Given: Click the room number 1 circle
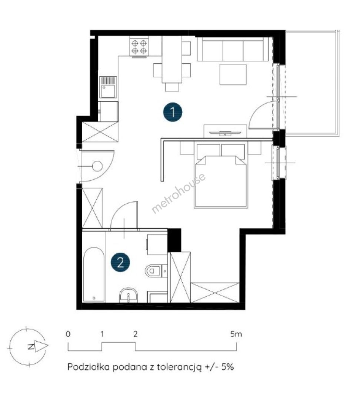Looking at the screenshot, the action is point(173,112).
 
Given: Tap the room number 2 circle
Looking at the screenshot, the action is point(120,262).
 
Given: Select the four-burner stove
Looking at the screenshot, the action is point(139,47).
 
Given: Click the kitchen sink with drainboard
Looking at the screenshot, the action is point(108,87).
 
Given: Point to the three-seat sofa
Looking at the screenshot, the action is point(233,49).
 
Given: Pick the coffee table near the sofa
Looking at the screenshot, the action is point(233,74).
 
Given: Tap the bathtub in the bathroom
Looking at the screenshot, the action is point(94,274).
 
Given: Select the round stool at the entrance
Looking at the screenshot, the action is point(97,166).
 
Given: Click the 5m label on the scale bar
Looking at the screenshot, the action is point(236,334).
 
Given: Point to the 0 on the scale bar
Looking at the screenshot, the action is point(68,334).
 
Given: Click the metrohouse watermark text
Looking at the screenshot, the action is point(179,193).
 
